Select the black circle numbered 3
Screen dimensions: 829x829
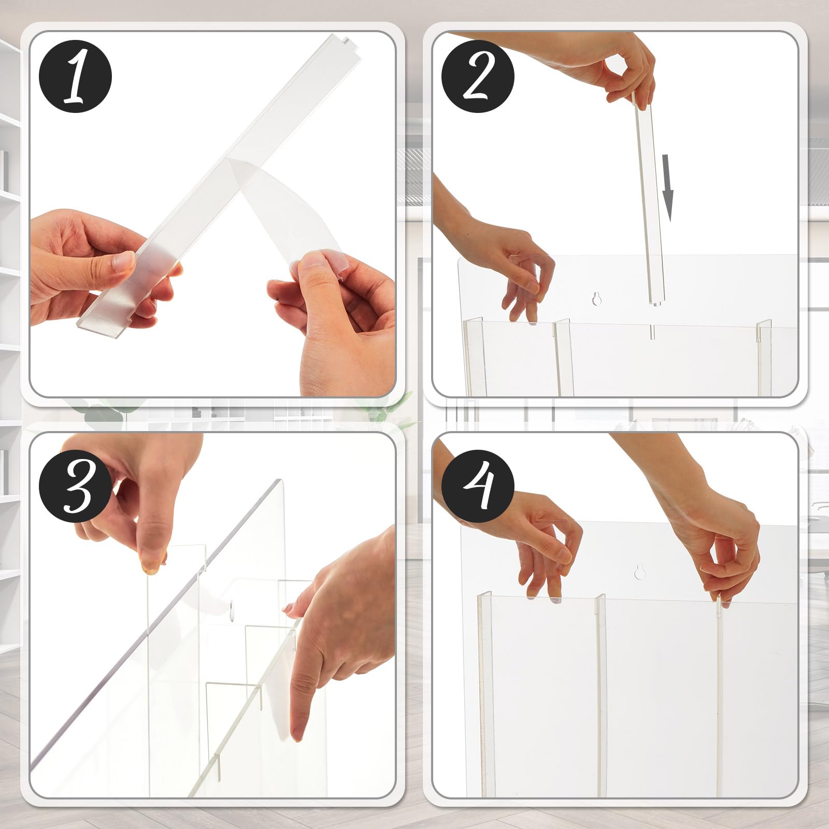point(75,486)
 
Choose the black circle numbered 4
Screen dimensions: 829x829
point(478,486)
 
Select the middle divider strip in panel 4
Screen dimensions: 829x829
point(601,694)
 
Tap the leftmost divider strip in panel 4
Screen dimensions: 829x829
point(483,694)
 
